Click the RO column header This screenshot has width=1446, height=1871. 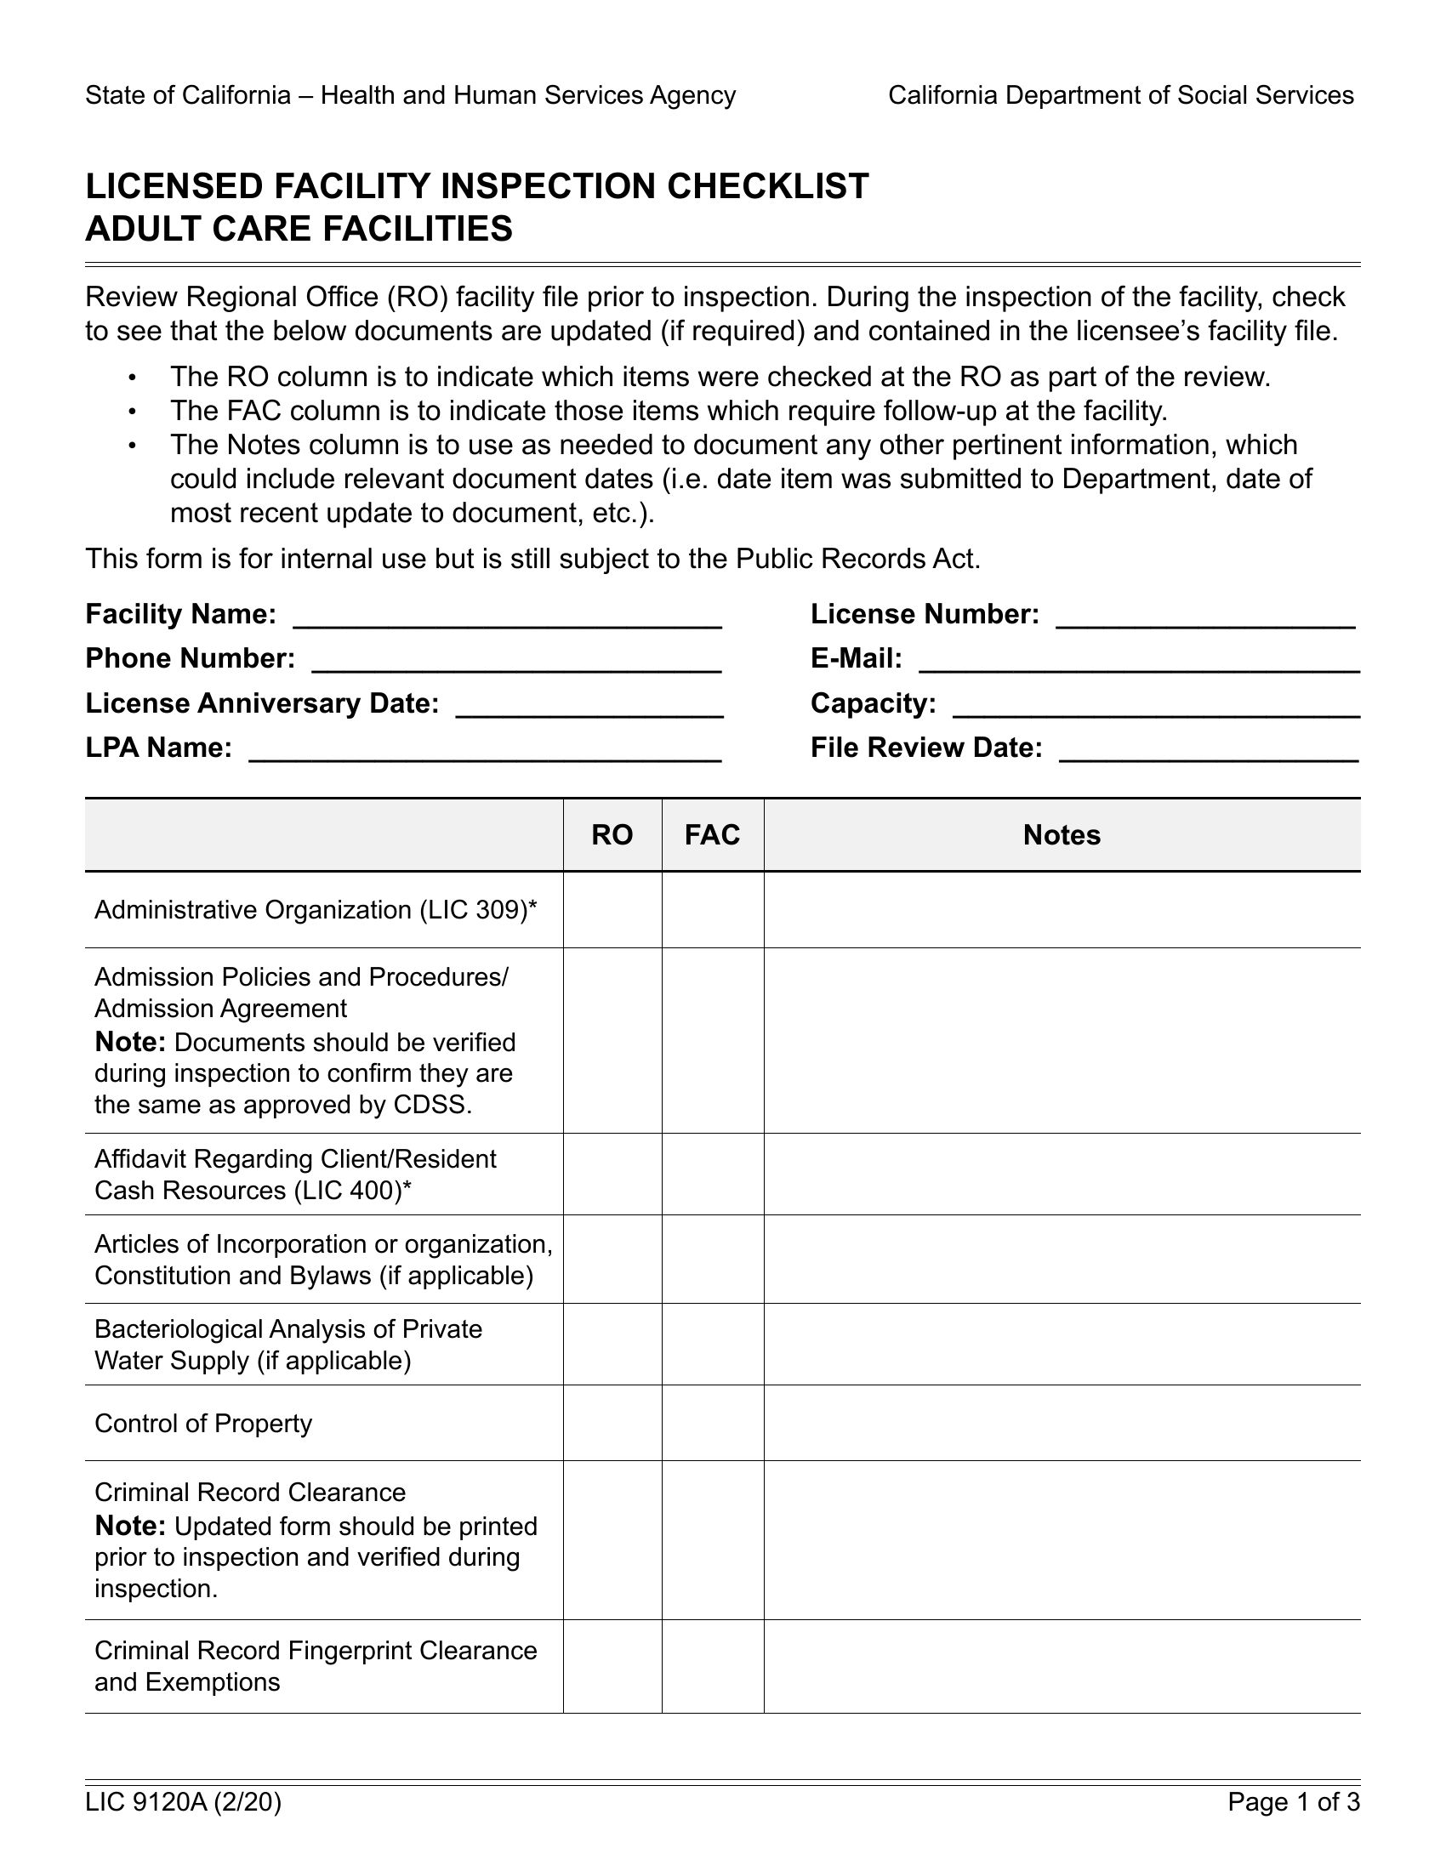click(612, 835)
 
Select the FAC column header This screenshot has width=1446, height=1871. click(712, 835)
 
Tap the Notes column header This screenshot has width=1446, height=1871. click(1062, 835)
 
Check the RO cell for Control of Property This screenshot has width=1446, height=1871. click(612, 1423)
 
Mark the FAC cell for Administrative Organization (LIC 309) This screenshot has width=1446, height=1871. click(712, 910)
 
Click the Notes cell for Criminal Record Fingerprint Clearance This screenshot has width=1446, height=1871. click(1062, 1666)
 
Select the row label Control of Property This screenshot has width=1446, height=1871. click(203, 1424)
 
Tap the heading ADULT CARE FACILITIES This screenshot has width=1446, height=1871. click(299, 229)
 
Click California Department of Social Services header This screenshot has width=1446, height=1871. click(1120, 95)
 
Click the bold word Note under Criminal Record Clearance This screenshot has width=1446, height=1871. click(130, 1526)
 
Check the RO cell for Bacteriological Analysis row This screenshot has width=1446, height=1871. click(612, 1344)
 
